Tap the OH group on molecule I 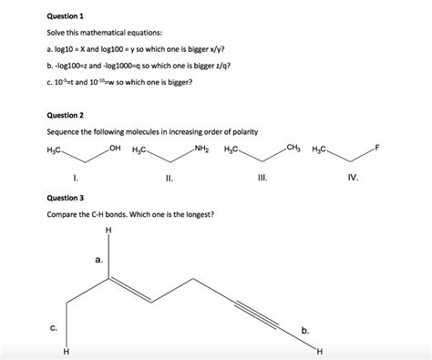coord(114,148)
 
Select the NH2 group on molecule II coord(201,148)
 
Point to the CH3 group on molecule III coord(293,148)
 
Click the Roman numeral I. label coord(74,179)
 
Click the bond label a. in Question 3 coord(98,260)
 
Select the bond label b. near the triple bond coord(305,329)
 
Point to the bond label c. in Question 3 coord(54,327)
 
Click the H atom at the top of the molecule coord(108,230)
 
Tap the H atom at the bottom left coord(66,353)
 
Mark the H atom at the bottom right coord(320,353)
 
